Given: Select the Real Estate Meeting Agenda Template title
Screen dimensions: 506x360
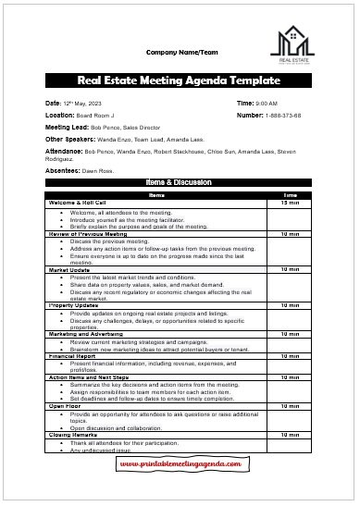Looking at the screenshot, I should (x=180, y=80).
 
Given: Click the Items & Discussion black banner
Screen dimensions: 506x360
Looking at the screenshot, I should (x=180, y=185).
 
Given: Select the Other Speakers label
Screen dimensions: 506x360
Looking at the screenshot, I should (x=68, y=139).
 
